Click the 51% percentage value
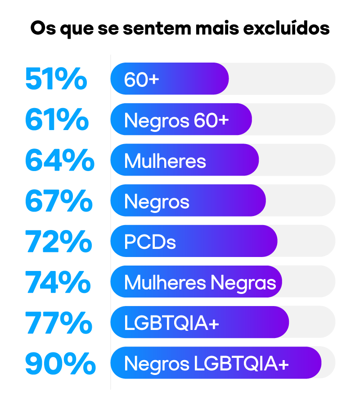click(x=56, y=79)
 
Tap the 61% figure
click(x=57, y=120)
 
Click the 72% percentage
click(x=58, y=242)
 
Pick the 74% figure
click(x=58, y=282)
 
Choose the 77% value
click(x=58, y=323)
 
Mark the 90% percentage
click(x=60, y=364)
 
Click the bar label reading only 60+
click(x=141, y=80)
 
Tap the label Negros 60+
click(x=176, y=120)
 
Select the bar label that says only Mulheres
click(x=165, y=161)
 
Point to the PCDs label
click(x=150, y=243)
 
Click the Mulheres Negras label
click(x=200, y=283)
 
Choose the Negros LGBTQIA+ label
click(x=206, y=364)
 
